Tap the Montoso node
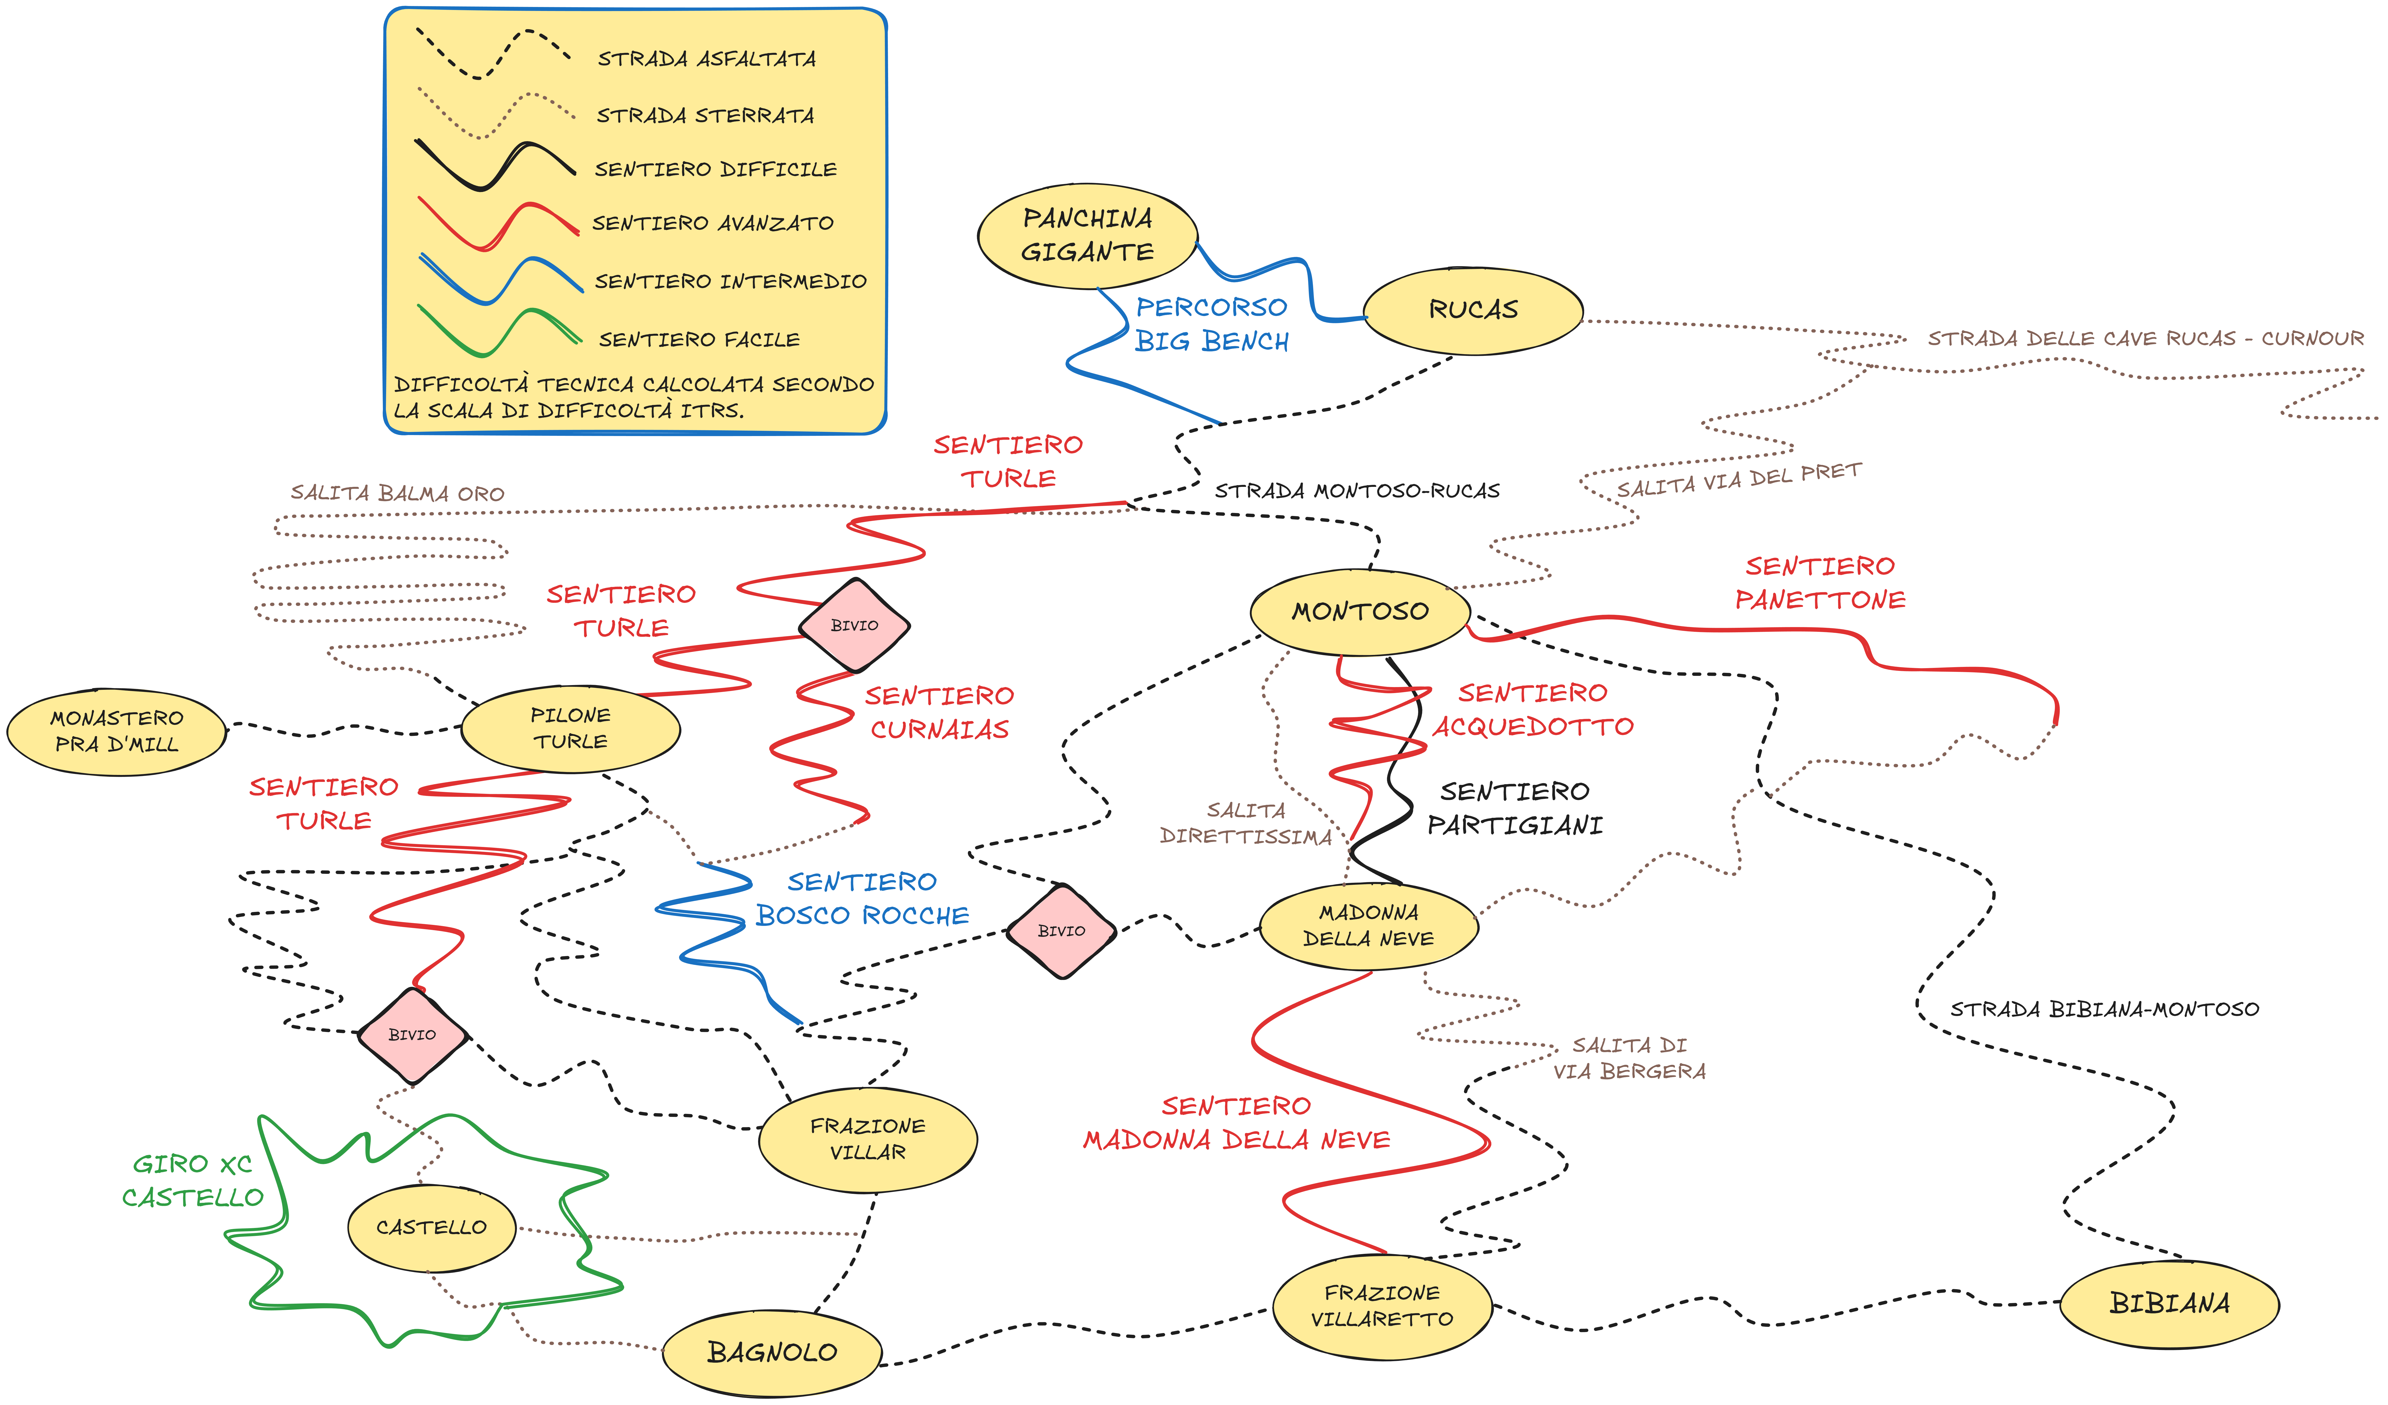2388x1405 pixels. click(x=1360, y=612)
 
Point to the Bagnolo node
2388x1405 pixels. click(x=772, y=1353)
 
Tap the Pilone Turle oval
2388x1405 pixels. click(x=570, y=729)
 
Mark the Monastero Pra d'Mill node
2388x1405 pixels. click(x=117, y=731)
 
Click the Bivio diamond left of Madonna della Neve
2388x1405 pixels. click(x=1061, y=931)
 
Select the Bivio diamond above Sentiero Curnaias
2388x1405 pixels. click(x=854, y=625)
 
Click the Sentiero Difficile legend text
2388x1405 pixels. click(x=715, y=170)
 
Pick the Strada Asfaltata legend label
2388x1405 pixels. click(x=706, y=59)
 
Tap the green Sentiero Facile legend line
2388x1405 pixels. click(x=497, y=330)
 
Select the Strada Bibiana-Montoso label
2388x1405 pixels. click(x=2104, y=1010)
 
